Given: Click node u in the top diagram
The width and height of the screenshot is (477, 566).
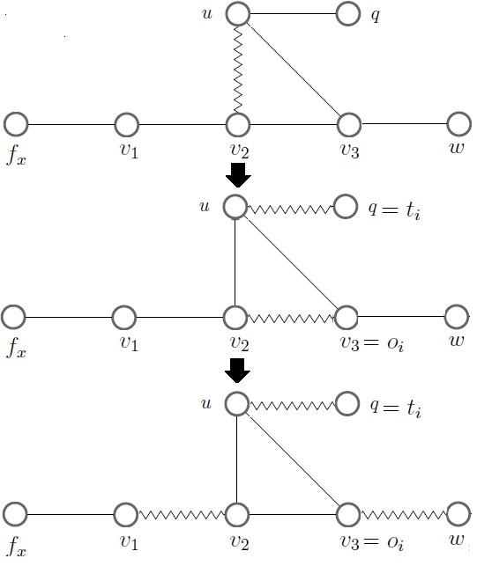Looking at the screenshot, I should pyautogui.click(x=237, y=14).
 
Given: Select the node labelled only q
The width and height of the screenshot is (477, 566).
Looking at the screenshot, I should pyautogui.click(x=347, y=14).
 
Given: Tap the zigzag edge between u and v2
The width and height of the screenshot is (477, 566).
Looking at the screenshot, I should pyautogui.click(x=237, y=69).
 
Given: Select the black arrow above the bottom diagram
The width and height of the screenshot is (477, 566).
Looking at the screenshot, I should pyautogui.click(x=237, y=370).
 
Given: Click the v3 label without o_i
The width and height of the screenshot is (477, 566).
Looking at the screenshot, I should pyautogui.click(x=351, y=151).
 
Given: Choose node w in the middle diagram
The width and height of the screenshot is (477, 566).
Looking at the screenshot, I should pyautogui.click(x=457, y=317).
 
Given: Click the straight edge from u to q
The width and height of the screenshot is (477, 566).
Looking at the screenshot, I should pyautogui.click(x=292, y=14).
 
